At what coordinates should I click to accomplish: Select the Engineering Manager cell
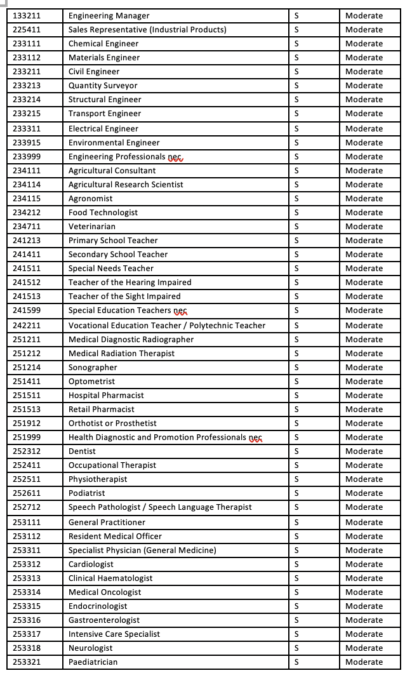109,16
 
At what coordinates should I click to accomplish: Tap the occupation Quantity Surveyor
103,86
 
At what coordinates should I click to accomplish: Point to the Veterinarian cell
92,227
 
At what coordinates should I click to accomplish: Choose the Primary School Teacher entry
113,241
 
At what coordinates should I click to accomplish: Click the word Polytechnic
211,325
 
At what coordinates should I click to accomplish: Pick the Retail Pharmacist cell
102,410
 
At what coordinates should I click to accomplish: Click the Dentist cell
83,451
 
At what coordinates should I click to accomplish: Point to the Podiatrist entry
87,493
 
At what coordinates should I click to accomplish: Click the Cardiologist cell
91,564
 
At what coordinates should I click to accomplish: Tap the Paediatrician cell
93,662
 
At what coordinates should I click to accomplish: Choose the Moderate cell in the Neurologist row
364,648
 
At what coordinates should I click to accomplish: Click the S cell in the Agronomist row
296,199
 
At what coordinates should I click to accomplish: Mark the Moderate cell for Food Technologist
364,213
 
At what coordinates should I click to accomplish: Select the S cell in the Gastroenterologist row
296,620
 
